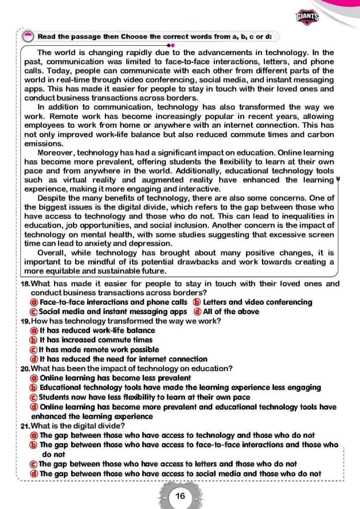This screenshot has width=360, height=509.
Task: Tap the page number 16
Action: (180, 496)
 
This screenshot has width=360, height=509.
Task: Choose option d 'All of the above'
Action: (231, 312)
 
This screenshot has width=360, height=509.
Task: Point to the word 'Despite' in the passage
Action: (51, 198)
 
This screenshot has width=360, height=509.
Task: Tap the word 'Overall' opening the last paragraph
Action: (51, 253)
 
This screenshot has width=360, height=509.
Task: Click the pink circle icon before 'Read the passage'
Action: (28, 36)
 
